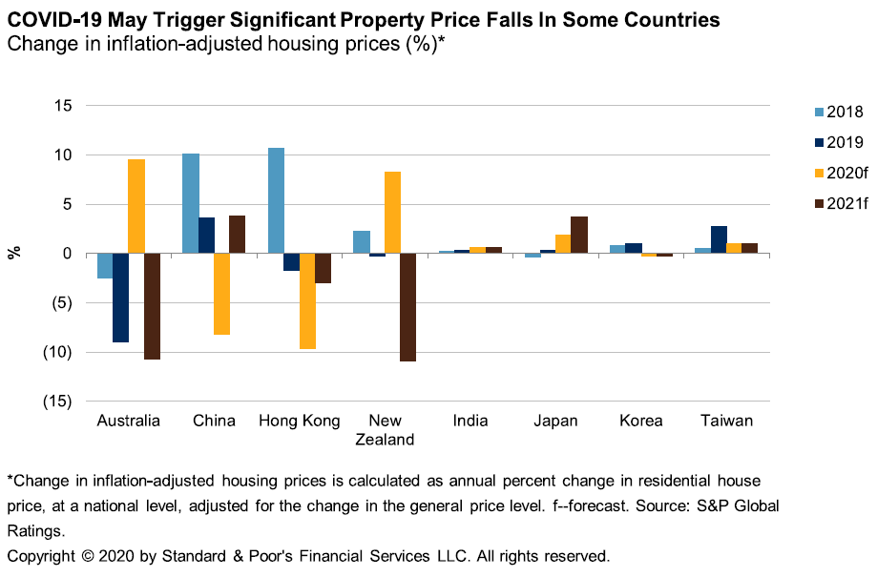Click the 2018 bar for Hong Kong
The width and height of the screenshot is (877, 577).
point(276,200)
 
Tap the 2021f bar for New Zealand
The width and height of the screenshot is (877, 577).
point(407,307)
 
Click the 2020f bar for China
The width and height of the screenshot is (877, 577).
point(221,294)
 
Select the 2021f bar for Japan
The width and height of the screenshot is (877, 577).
point(579,235)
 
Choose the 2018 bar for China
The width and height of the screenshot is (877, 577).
point(191,203)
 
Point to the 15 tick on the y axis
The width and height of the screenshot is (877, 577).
point(64,105)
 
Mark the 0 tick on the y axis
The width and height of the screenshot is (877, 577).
point(69,253)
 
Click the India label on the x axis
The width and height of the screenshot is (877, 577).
point(470,421)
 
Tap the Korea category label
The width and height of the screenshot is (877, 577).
point(641,421)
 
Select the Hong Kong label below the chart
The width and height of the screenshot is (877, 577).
point(299,421)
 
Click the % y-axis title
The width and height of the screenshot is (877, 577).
point(14,253)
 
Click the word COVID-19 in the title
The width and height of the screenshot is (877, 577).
point(56,19)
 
